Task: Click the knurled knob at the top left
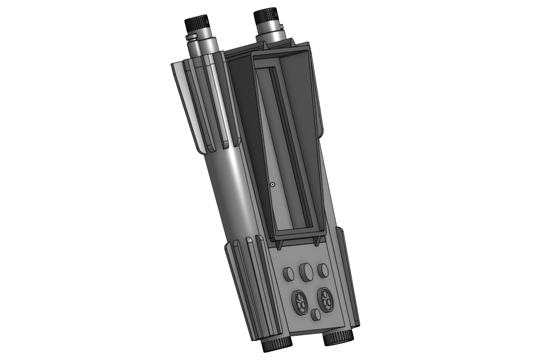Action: point(197,23)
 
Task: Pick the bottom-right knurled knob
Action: point(338,339)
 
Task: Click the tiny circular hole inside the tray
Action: point(273,185)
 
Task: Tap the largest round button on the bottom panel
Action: point(306,272)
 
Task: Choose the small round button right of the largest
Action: point(323,271)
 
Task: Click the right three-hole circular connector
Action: point(326,299)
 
